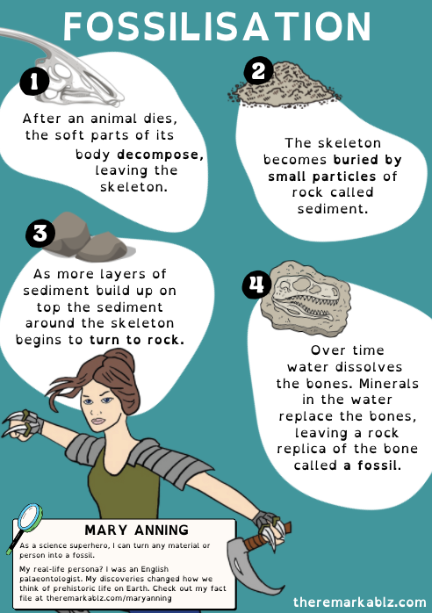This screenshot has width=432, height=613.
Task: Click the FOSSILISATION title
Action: pyautogui.click(x=216, y=28)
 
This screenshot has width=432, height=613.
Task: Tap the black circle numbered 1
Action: pyautogui.click(x=33, y=83)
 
